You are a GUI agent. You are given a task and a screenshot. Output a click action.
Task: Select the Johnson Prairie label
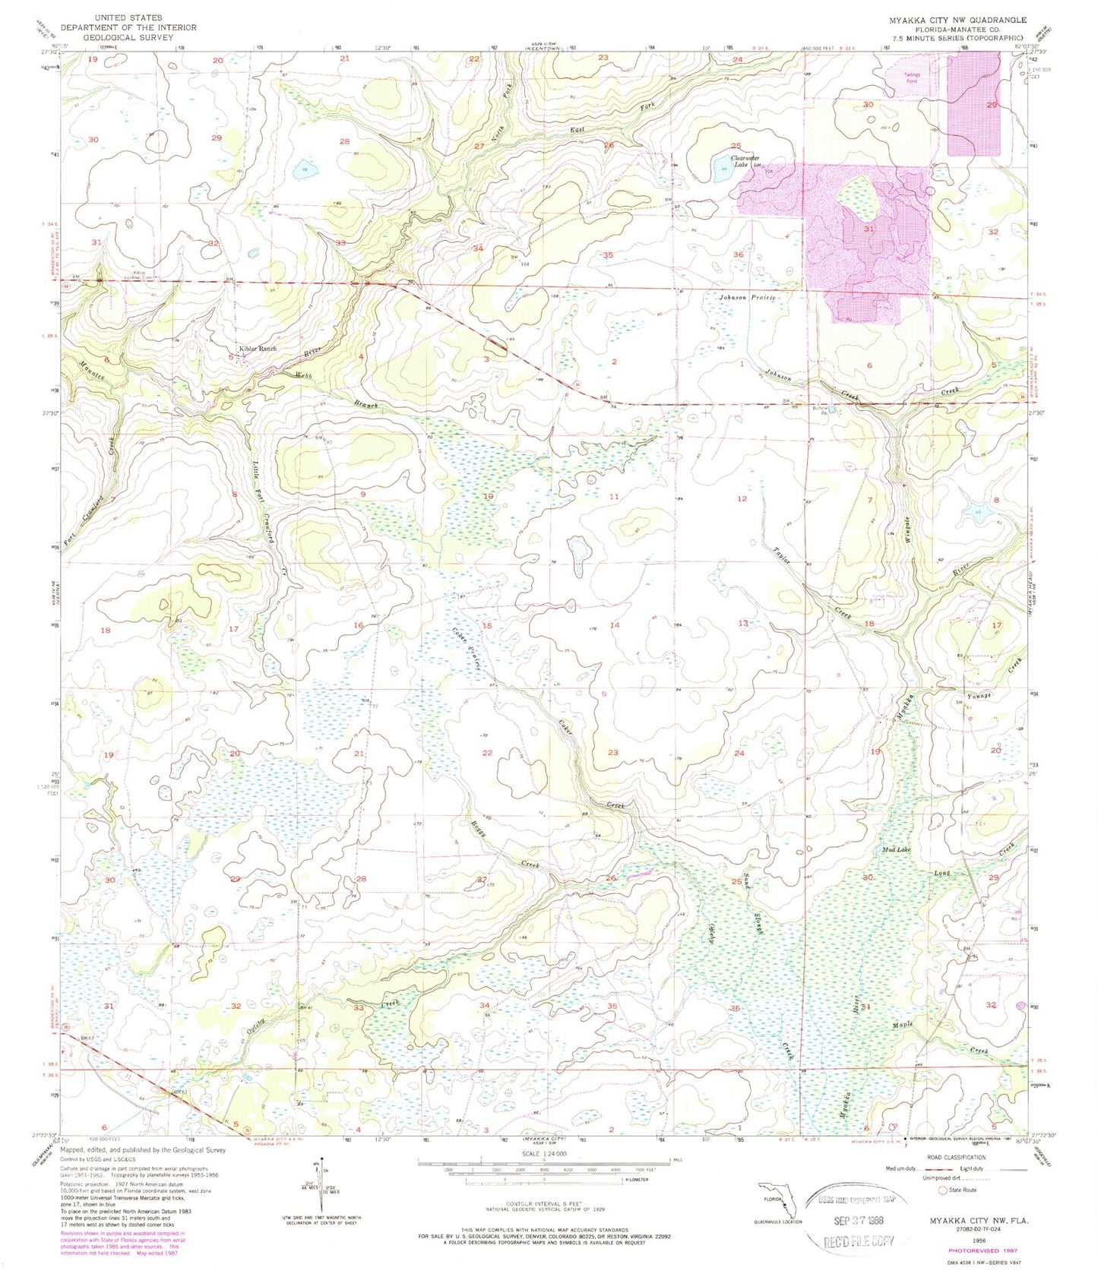748,298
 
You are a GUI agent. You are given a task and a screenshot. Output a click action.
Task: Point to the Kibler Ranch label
257,349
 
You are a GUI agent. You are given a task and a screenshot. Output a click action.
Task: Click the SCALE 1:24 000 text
543,1154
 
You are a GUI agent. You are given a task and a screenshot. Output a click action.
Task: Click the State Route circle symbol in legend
945,1190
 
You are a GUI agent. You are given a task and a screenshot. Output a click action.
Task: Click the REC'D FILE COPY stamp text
859,1242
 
